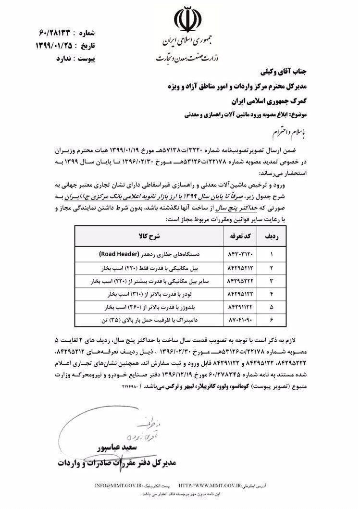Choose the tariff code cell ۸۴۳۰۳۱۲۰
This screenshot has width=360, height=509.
236,253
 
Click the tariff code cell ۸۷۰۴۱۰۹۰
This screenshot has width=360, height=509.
236,318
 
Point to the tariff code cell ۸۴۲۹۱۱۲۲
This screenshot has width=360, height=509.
236,305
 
